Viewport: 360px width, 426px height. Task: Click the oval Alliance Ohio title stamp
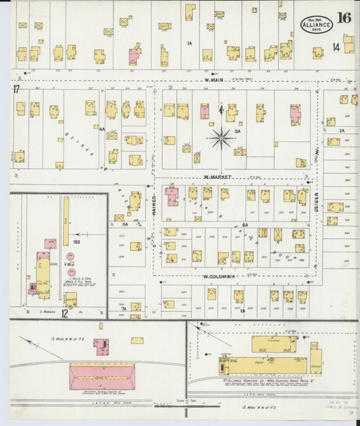316,24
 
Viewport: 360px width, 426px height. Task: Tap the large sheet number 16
344,18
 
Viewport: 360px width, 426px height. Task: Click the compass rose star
221,138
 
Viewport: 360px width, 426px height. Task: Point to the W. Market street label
218,177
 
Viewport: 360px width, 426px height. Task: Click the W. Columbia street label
218,276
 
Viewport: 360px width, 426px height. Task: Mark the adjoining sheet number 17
16,88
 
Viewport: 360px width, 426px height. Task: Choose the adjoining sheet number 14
336,47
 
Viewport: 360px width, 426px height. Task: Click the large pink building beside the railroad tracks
102,376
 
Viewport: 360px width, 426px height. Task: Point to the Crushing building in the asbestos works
274,344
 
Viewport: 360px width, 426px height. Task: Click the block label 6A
245,225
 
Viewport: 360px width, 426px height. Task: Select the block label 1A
190,43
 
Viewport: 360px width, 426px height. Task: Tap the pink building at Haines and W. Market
172,196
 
